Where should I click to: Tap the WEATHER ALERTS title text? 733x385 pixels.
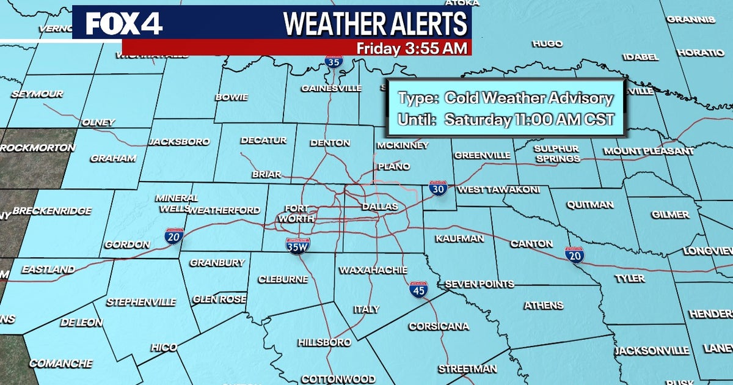point(375,23)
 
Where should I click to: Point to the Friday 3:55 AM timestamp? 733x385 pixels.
point(412,48)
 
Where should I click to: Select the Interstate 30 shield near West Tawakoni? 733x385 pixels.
point(437,188)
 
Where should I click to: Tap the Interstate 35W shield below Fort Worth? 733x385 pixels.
point(297,246)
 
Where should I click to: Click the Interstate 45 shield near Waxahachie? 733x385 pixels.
point(418,290)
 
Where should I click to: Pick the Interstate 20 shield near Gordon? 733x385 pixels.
point(173,236)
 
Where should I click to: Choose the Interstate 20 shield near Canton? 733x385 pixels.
point(574,255)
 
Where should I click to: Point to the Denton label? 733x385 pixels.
point(330,143)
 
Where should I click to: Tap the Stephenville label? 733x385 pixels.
point(141,302)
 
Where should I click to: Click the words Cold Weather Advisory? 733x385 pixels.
point(528,98)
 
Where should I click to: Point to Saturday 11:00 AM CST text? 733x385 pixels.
point(528,120)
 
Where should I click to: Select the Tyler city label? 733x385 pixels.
point(629,279)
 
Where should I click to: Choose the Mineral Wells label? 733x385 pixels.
point(176,203)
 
